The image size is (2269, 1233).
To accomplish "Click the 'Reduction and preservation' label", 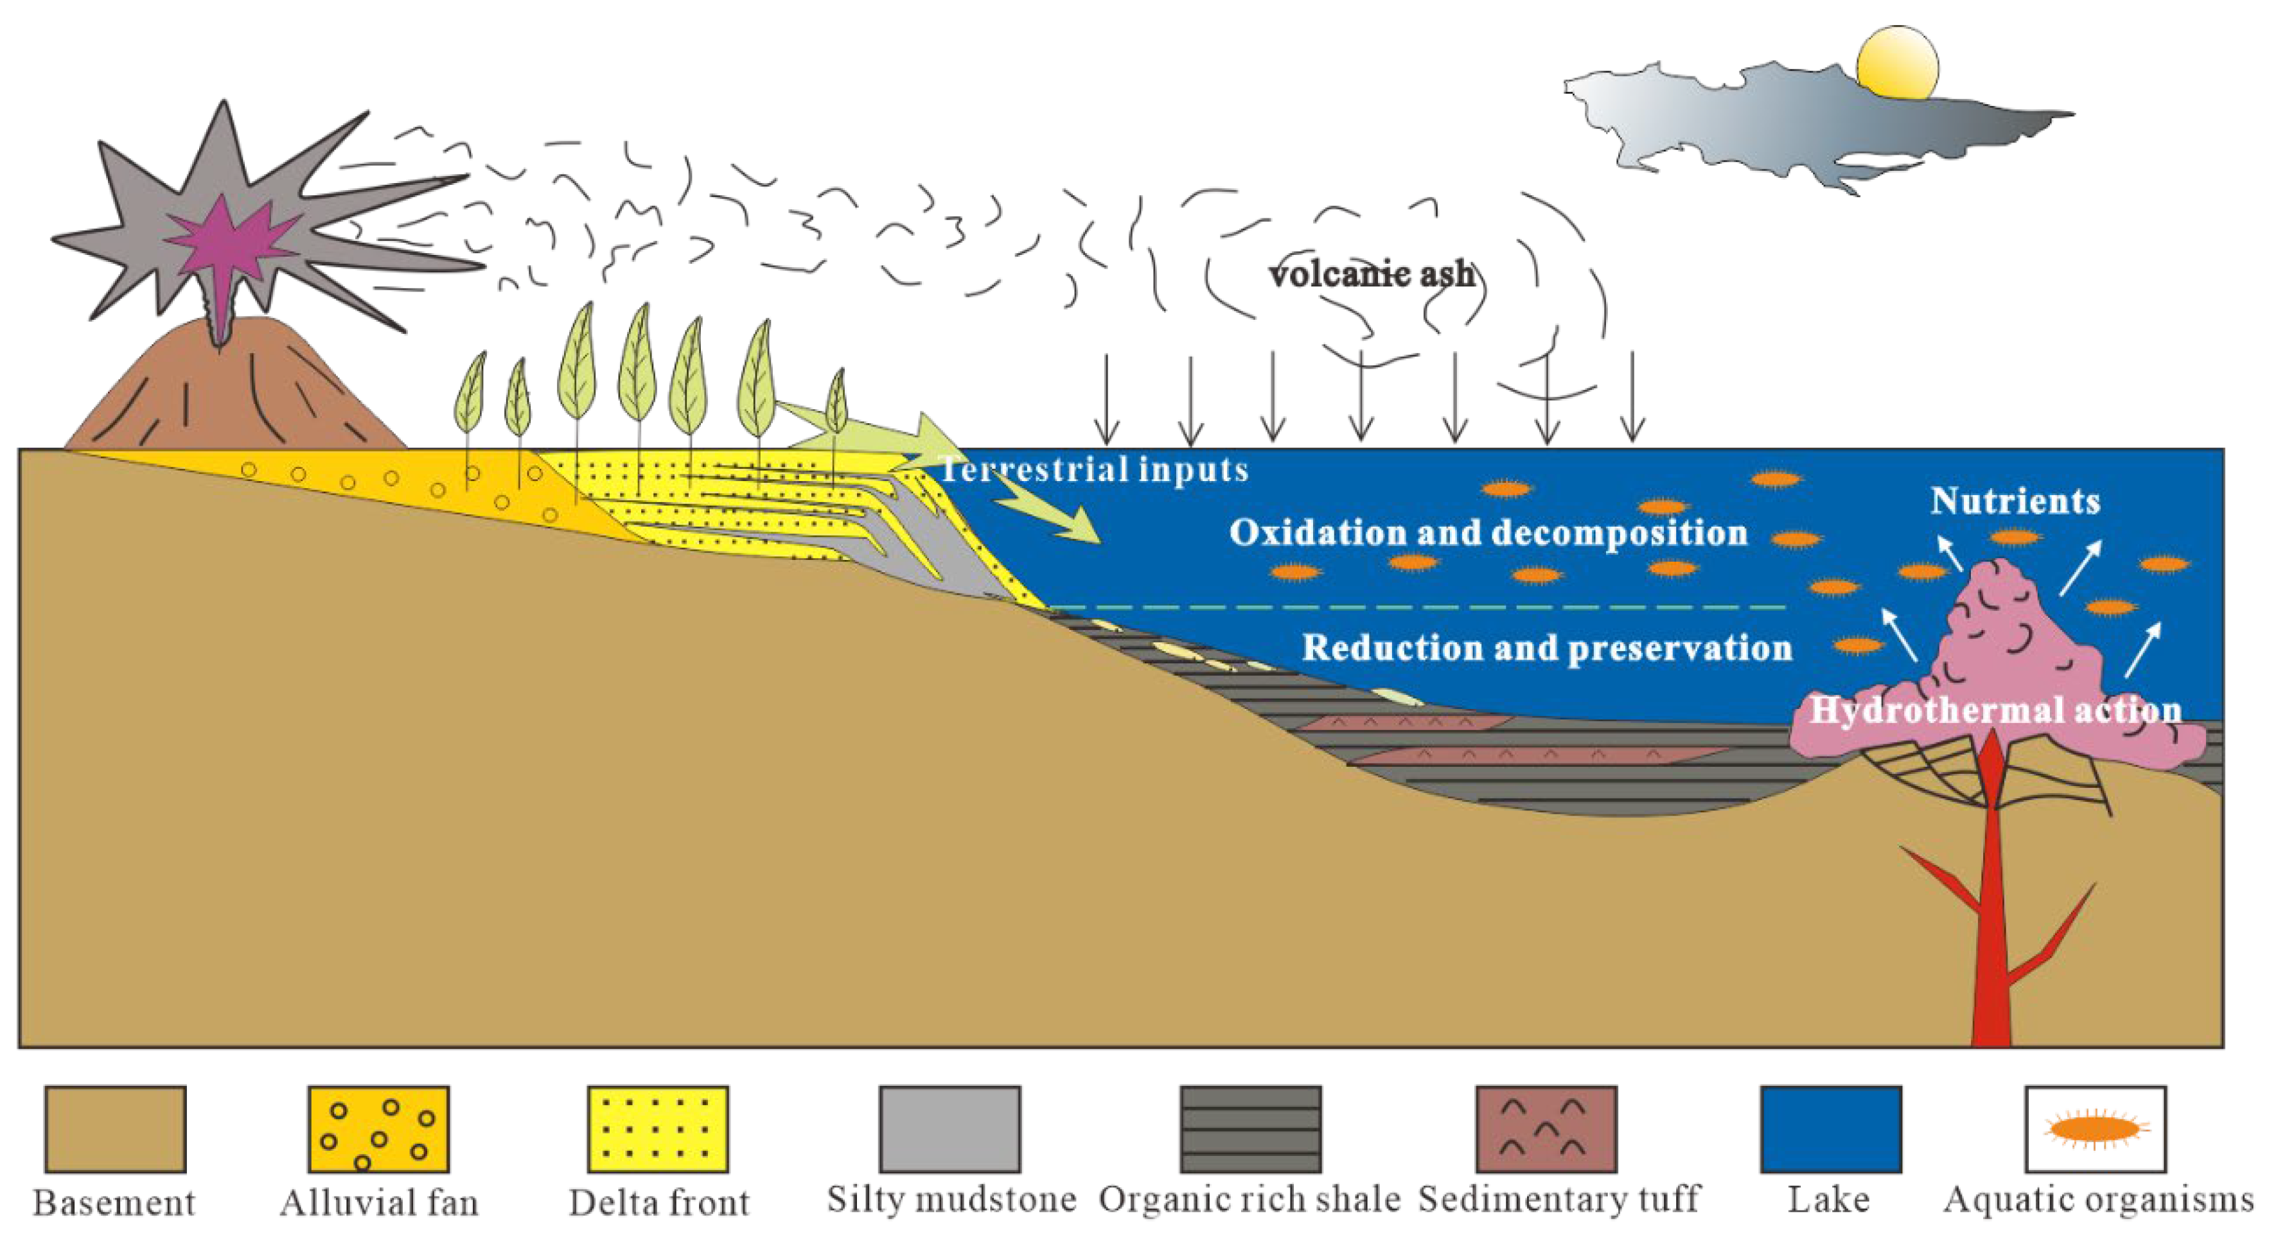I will click(x=1547, y=648).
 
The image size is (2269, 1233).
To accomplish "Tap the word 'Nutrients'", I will click(x=2015, y=501).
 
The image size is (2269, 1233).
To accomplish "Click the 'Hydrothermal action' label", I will click(x=1995, y=710).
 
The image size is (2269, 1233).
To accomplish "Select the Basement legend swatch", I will click(x=116, y=1129).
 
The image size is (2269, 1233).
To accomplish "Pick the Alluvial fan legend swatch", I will click(x=379, y=1129).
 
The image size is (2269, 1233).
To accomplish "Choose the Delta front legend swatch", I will click(x=658, y=1129).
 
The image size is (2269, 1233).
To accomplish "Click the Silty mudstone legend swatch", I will click(x=949, y=1129).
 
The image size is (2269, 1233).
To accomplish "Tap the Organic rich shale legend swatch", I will click(x=1251, y=1129).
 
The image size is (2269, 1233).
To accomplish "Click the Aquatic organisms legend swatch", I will click(x=2096, y=1129).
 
